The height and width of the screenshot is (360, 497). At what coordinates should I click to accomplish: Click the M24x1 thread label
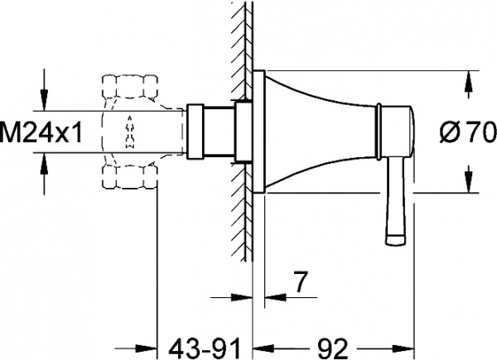tap(41, 131)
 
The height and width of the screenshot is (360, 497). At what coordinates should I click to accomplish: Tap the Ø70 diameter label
tap(468, 131)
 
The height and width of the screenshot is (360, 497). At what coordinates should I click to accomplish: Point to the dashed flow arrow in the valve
tap(129, 131)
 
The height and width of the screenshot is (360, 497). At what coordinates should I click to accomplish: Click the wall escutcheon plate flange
tap(259, 132)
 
